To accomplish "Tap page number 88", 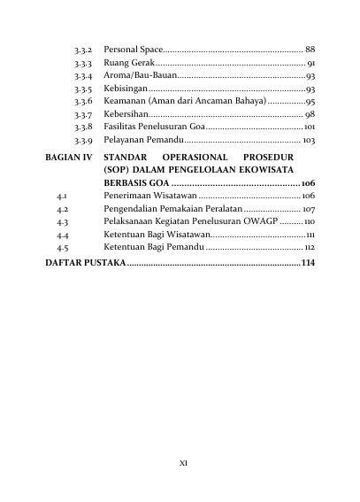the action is [309, 48].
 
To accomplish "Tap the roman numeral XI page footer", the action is [183, 461].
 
